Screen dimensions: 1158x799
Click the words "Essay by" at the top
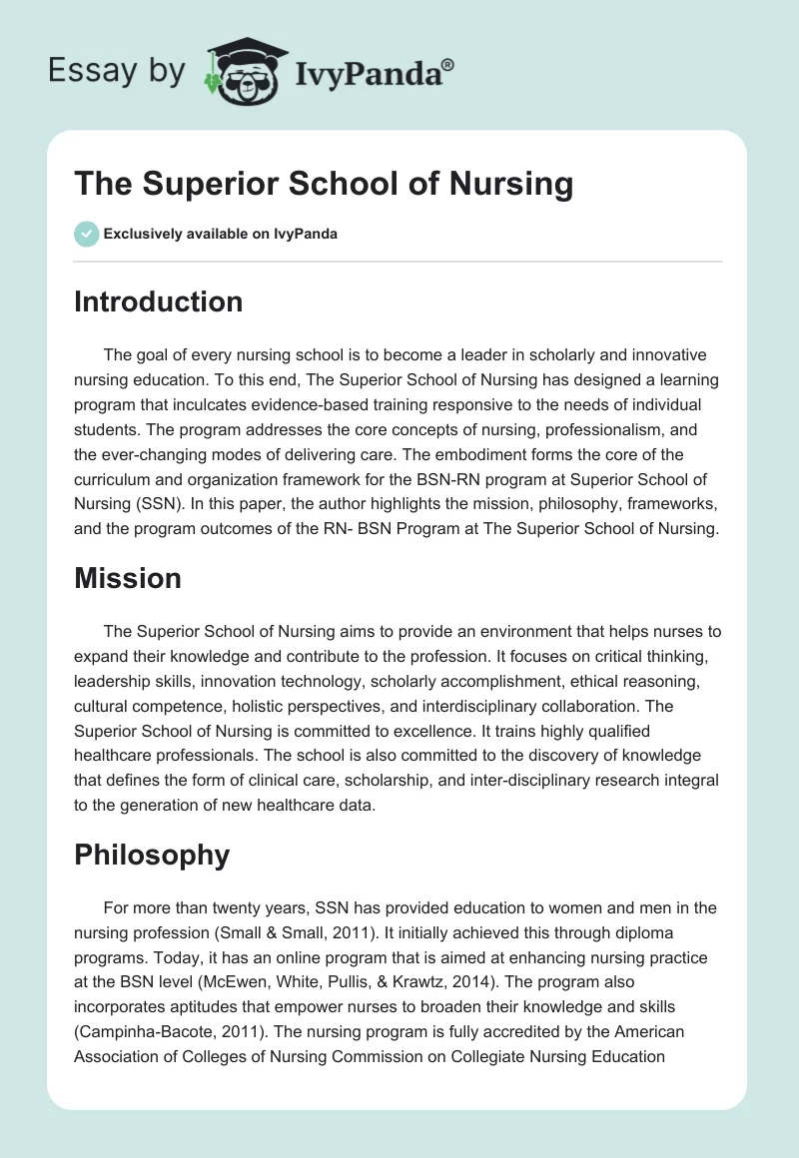point(116,71)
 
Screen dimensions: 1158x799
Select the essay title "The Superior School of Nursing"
point(324,184)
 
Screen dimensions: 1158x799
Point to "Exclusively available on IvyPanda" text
point(220,235)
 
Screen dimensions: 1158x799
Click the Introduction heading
point(158,301)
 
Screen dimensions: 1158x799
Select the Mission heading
point(127,578)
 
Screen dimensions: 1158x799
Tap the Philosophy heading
point(152,855)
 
